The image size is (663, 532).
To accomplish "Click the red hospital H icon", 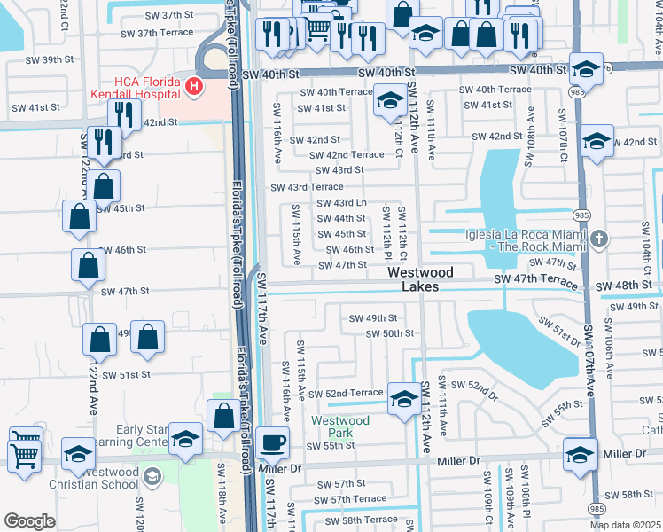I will (x=192, y=87).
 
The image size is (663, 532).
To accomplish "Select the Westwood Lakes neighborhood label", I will (x=420, y=279).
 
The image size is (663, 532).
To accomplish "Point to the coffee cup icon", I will (x=273, y=441).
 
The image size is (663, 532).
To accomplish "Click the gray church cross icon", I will (x=599, y=239).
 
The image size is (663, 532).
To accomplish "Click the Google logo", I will (x=29, y=521).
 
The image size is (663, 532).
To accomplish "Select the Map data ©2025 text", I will (x=626, y=525).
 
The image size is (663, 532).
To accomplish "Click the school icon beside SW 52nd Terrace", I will (x=404, y=398).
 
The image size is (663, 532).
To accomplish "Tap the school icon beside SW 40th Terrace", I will (x=388, y=100).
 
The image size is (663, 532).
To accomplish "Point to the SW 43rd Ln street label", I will (x=341, y=203).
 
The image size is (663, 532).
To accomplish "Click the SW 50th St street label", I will (x=390, y=333).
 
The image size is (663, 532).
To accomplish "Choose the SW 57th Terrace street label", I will (x=341, y=500).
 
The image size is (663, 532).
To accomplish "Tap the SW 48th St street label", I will (x=623, y=286).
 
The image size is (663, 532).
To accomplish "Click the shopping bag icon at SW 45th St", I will (x=79, y=215).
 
